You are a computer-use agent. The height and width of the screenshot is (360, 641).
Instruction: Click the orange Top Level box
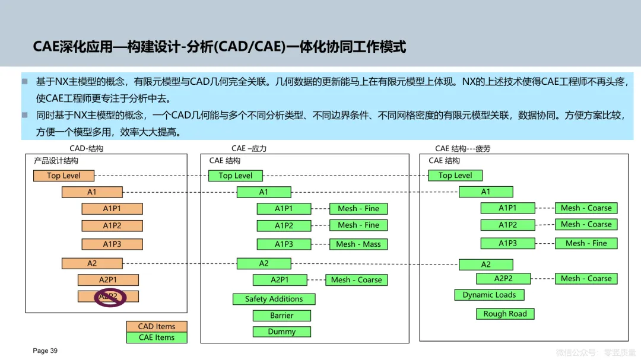pos(64,176)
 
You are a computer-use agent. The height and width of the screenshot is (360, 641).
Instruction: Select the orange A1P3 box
pos(112,244)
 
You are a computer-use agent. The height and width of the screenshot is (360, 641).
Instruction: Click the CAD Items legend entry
pos(157,326)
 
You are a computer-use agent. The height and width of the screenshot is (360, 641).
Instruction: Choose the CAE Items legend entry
pos(157,337)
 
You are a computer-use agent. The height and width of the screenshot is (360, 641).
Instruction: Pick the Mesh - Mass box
pos(358,244)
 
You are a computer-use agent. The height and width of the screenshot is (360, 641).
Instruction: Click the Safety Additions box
pos(274,300)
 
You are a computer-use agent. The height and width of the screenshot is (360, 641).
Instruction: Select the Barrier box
pos(281,316)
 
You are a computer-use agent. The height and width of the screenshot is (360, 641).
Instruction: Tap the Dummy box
pos(281,332)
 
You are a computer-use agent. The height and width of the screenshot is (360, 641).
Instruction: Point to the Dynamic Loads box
pos(490,295)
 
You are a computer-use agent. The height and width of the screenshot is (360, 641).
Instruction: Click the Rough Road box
pos(505,314)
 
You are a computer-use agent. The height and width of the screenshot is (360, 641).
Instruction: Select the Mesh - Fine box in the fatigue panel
pos(586,243)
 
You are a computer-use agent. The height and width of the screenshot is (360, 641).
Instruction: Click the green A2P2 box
pos(503,279)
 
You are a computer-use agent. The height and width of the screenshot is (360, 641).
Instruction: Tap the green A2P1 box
pos(280,280)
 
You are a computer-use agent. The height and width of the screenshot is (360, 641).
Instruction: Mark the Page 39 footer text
pos(45,351)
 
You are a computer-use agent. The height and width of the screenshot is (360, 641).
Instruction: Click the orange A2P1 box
pos(108,280)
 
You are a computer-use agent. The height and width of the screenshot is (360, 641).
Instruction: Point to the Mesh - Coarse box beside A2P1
pos(356,280)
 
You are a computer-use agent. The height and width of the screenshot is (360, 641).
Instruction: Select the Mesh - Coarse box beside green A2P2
pos(586,279)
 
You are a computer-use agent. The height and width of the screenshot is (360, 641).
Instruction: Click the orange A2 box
pos(92,263)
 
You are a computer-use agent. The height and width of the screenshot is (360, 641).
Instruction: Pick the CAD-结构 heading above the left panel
pos(87,149)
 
